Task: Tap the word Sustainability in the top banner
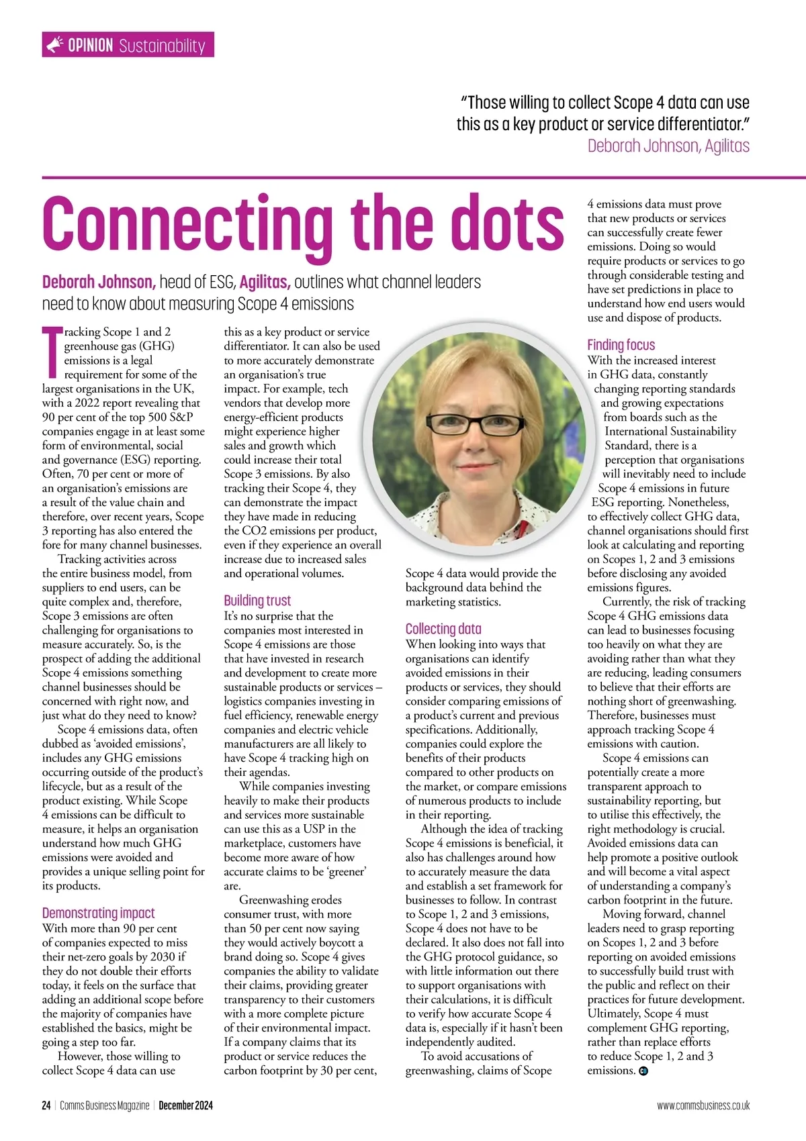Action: (x=162, y=46)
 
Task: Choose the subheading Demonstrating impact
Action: (x=98, y=913)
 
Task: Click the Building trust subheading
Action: (x=257, y=600)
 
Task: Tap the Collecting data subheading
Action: (x=443, y=629)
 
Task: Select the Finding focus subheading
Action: (x=621, y=344)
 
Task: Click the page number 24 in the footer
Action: (x=46, y=1105)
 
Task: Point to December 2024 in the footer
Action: (x=185, y=1105)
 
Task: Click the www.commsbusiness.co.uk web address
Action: (x=703, y=1105)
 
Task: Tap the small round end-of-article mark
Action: (x=643, y=1071)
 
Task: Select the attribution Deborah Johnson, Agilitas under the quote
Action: (x=668, y=146)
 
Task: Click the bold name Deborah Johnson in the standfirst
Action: (x=99, y=281)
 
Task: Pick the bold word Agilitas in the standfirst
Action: (x=265, y=281)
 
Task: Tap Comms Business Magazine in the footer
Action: (x=104, y=1105)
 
